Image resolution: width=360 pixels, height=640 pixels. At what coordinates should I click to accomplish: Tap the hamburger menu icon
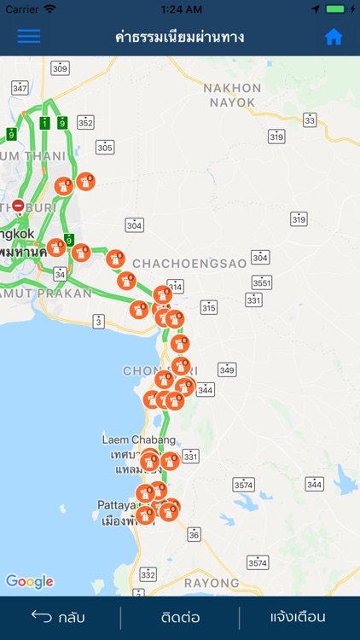29,37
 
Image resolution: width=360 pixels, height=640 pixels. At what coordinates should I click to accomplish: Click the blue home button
334,37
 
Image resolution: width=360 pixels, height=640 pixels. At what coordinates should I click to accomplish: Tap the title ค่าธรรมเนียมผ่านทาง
180,37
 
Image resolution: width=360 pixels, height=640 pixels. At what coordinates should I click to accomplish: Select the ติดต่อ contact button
181,617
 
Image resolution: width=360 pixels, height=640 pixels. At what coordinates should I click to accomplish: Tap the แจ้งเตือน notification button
298,617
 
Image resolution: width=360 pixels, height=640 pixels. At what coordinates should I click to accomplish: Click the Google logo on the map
30,582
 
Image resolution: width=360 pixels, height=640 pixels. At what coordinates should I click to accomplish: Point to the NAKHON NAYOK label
232,95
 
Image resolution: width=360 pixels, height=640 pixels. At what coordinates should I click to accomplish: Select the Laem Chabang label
127,439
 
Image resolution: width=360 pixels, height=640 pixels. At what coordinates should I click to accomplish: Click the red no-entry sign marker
18,207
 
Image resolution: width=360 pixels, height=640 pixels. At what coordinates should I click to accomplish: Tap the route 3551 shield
261,282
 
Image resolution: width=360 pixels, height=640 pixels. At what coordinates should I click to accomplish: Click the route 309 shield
60,68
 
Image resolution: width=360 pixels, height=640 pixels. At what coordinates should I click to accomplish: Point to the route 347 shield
20,88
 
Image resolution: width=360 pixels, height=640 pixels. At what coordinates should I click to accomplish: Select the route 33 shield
310,120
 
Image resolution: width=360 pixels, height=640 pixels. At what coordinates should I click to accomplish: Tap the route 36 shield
195,534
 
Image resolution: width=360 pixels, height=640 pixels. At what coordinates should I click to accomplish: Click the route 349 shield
226,369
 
